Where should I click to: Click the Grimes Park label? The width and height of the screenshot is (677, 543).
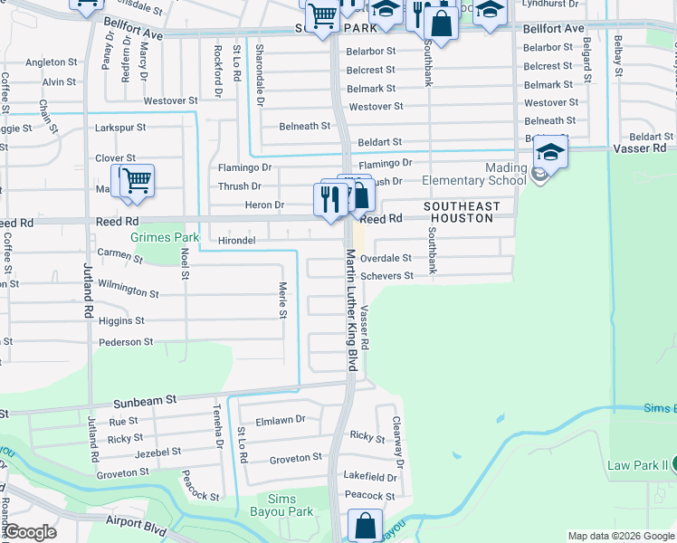(x=164, y=238)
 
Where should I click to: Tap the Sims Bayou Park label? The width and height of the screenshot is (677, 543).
(x=291, y=505)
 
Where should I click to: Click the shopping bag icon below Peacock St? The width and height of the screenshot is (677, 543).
(x=364, y=525)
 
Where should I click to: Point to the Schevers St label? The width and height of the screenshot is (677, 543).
(x=386, y=276)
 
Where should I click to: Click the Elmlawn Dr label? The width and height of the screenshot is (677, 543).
(x=281, y=420)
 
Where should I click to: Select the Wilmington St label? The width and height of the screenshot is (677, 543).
(x=129, y=292)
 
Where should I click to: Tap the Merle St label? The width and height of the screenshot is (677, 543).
(x=282, y=300)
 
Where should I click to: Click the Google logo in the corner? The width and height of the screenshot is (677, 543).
(x=30, y=532)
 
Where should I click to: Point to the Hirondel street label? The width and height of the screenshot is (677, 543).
(x=236, y=241)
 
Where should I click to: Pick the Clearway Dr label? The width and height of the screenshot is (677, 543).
(x=396, y=435)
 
